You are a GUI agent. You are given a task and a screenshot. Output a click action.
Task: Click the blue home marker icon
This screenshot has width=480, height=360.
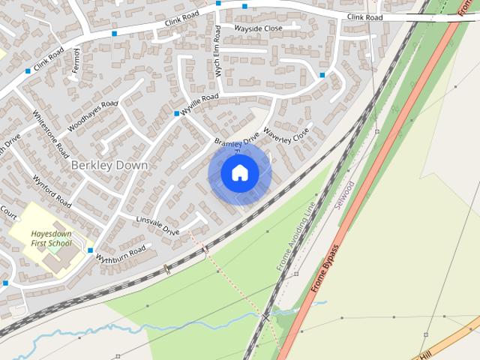tap(239, 173)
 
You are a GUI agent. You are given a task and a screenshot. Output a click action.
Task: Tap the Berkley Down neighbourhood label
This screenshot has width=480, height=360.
tap(109, 164)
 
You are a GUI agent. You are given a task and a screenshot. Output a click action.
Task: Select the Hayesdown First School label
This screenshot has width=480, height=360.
tap(51, 238)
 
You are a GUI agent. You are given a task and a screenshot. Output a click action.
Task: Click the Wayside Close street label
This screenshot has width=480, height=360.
tap(258, 28)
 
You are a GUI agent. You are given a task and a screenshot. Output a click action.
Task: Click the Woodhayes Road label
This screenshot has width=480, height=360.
tap(93, 116)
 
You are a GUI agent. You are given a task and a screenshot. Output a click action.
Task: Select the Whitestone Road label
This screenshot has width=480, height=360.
tap(51, 134)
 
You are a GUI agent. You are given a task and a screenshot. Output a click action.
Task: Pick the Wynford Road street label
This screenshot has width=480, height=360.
tap(52, 192)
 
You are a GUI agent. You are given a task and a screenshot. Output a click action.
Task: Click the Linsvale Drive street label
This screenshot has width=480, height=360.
tap(157, 226)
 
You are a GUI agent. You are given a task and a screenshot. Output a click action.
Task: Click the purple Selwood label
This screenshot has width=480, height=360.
tap(347, 194)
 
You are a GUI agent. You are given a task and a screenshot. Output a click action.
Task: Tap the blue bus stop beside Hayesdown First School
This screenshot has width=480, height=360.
tap(91, 250)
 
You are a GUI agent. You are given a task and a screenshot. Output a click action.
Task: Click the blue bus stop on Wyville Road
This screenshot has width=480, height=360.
tap(177, 113)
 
